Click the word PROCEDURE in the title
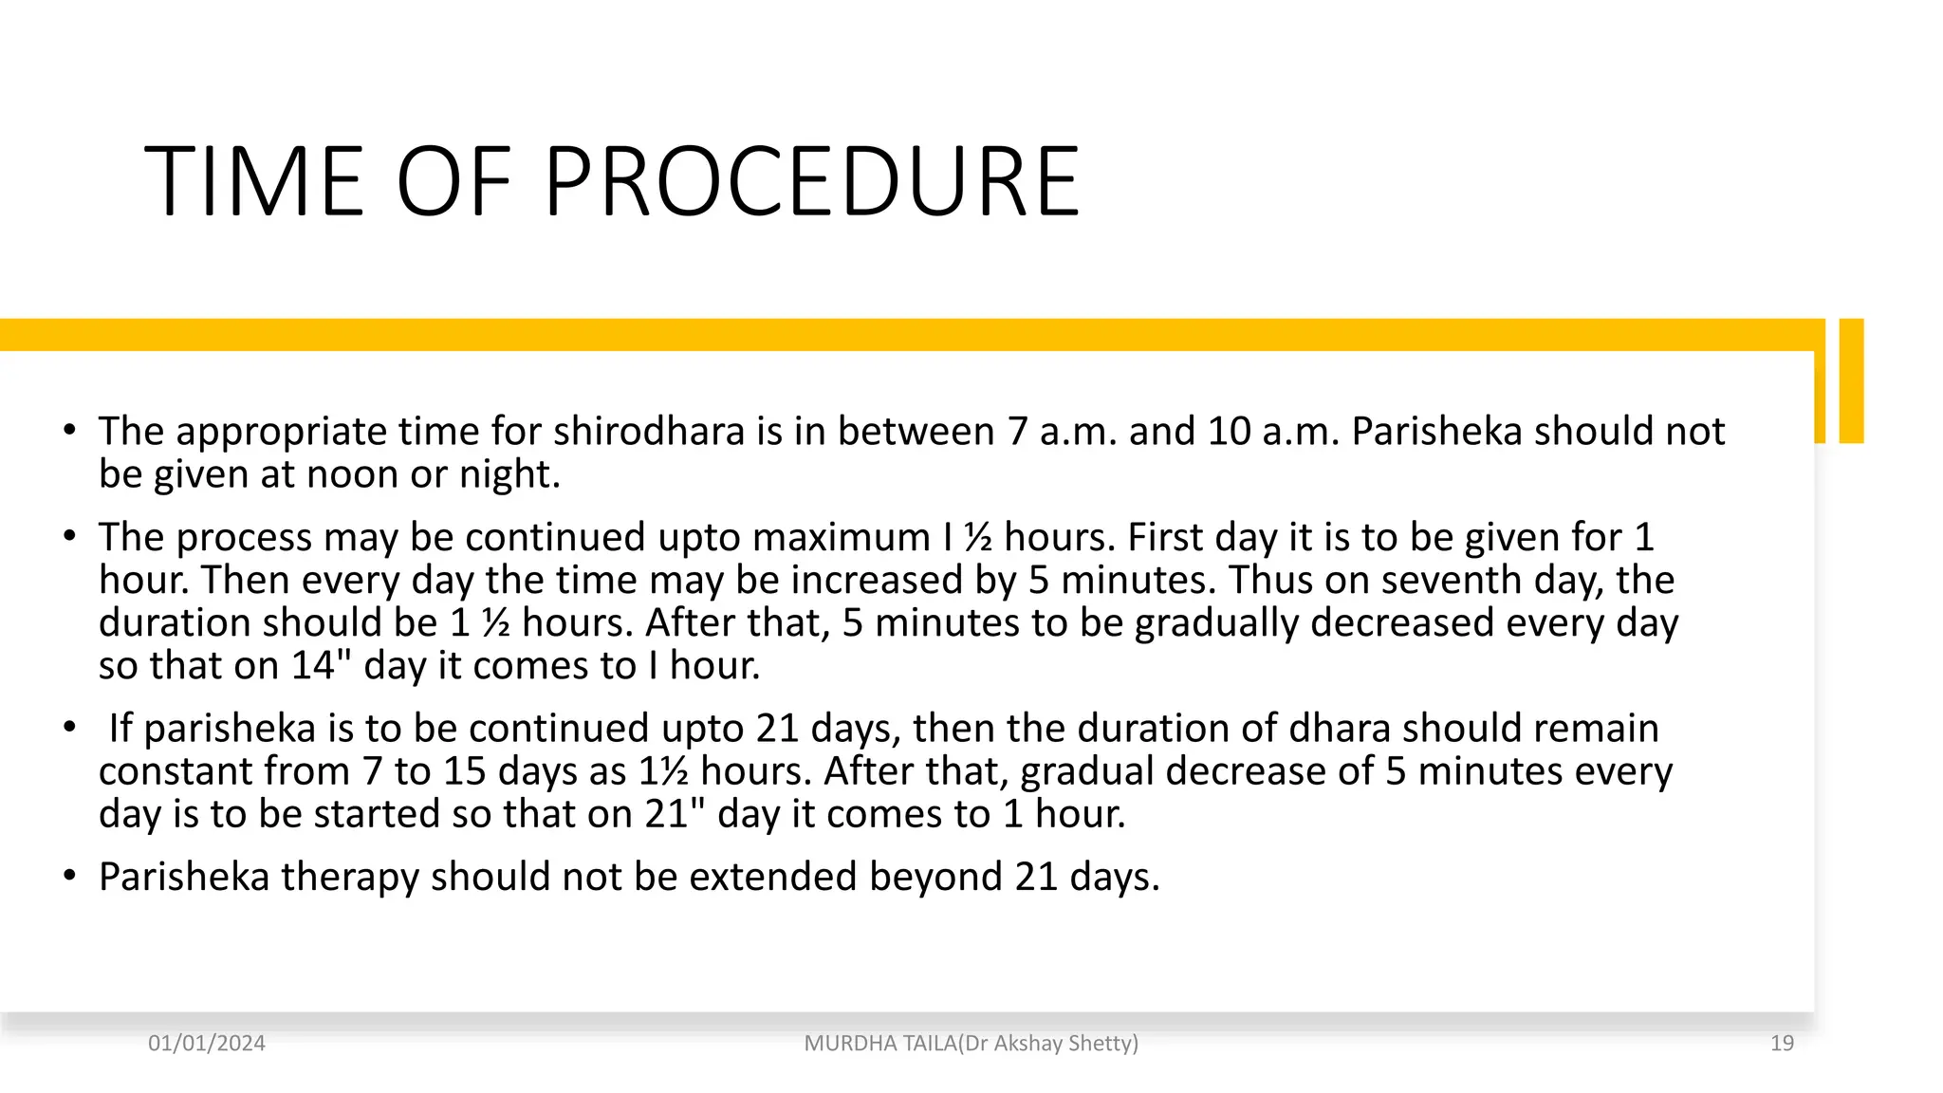click(x=811, y=182)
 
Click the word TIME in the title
click(x=254, y=182)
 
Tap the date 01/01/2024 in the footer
click(x=207, y=1044)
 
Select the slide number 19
click(x=1782, y=1044)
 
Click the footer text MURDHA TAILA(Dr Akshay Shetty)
click(x=971, y=1044)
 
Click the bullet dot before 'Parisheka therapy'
click(x=69, y=877)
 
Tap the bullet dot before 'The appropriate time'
click(x=69, y=432)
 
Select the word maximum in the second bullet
click(x=841, y=538)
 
